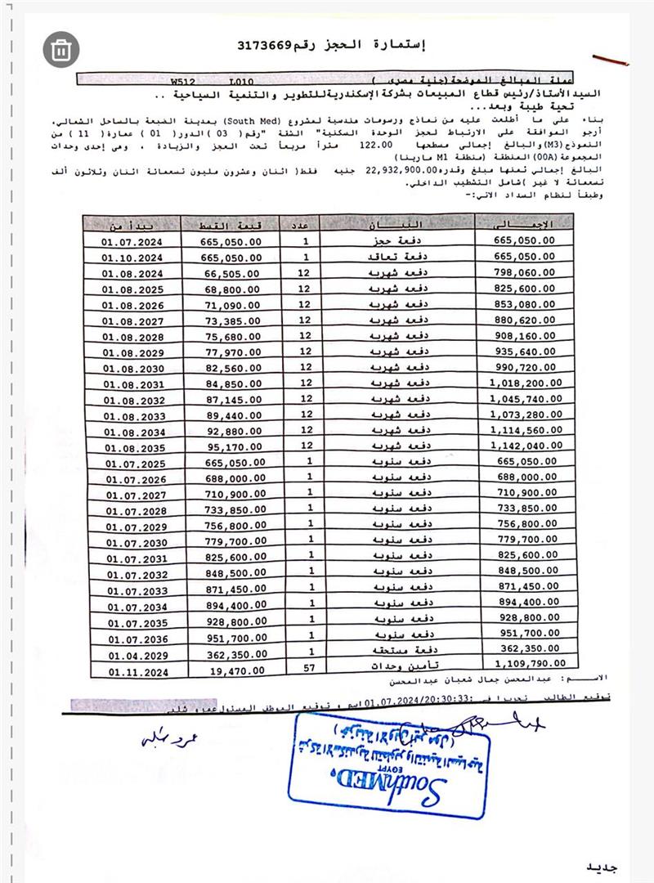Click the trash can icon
pos(60,50)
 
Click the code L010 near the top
pos(242,83)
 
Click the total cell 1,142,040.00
pos(523,447)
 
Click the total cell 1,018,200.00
pos(523,385)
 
